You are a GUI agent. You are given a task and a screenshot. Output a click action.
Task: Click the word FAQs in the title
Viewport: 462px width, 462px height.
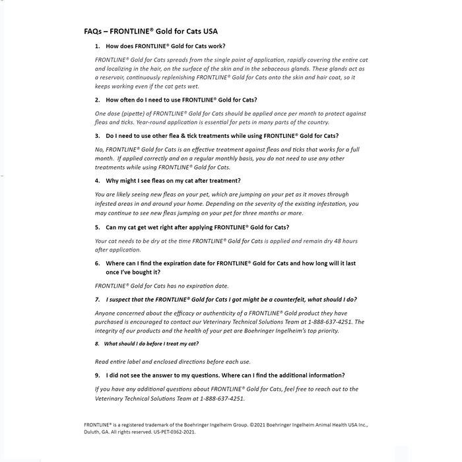click(x=93, y=31)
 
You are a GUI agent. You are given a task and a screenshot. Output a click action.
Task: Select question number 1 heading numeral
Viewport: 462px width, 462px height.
click(x=97, y=46)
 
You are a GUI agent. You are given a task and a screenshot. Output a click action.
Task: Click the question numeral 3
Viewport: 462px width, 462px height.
click(x=97, y=136)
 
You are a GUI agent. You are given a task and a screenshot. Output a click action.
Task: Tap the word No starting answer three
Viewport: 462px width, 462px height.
click(x=99, y=150)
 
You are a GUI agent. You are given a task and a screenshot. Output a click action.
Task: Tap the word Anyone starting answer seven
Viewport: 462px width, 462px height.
click(x=105, y=313)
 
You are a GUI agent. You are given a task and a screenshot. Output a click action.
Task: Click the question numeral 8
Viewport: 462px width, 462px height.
click(x=97, y=344)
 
